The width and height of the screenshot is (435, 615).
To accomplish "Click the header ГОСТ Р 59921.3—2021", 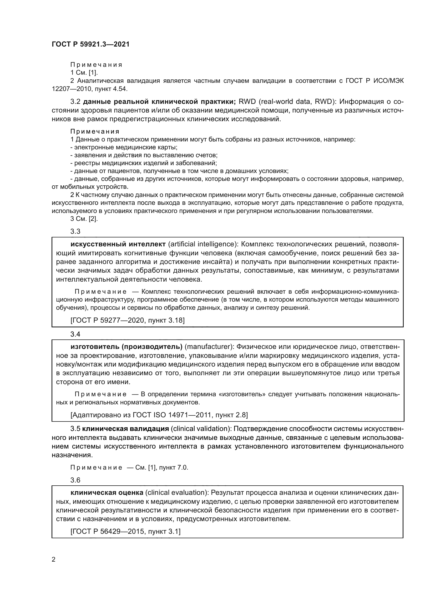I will (x=90, y=44).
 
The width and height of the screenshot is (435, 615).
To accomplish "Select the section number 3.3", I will (x=75, y=231).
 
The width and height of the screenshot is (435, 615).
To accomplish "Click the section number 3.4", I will (x=75, y=334).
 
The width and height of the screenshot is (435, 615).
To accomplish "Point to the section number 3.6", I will (x=75, y=480).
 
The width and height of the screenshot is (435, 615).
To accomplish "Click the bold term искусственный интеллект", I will (x=118, y=244).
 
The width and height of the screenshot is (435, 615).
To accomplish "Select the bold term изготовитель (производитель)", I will (x=127, y=347).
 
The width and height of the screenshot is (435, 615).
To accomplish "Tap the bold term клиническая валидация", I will (x=125, y=429).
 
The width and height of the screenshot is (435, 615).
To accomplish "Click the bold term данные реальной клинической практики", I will (x=159, y=102).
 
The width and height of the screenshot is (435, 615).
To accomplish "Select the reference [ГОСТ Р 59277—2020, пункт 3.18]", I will (x=128, y=320).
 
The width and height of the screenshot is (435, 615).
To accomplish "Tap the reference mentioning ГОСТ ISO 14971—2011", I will (x=159, y=415).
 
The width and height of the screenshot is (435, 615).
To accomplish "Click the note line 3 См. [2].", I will (x=84, y=218).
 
